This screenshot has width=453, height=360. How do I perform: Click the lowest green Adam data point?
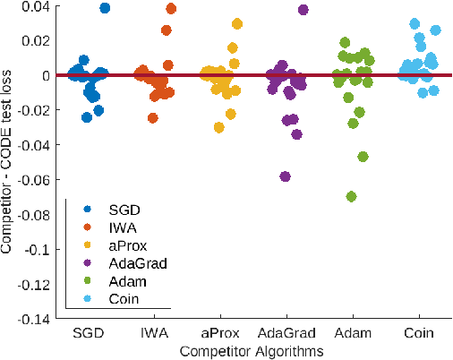pos(352,196)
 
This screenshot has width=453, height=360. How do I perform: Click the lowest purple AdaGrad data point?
pos(285,176)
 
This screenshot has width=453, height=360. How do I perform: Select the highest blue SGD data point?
pos(105,8)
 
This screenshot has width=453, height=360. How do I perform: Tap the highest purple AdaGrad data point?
pos(303,10)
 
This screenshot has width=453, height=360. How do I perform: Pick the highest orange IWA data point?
pos(171,9)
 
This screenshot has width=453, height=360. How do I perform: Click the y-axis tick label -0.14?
pos(36,318)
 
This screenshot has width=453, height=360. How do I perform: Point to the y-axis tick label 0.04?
pos(38,6)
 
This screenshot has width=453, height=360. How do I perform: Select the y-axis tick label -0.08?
pos(36,214)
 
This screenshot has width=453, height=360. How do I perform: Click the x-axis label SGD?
pos(90,333)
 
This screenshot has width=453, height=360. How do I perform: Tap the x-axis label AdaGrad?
pos(285,333)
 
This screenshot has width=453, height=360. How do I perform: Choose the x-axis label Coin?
pos(417,333)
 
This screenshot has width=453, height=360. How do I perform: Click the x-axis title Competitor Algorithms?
pos(253,352)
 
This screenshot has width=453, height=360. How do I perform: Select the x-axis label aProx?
pos(220,333)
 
